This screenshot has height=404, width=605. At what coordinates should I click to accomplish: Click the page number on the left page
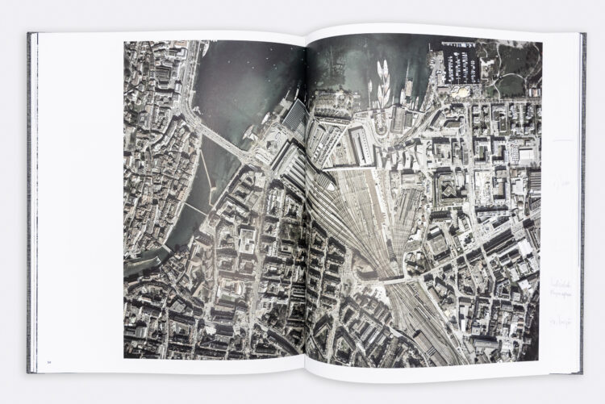(x=48, y=363)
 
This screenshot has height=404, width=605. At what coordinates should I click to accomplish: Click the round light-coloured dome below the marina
(x=461, y=92)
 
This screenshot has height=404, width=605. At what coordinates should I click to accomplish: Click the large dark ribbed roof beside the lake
(x=294, y=118)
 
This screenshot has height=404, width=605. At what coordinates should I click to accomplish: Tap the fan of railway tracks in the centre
(x=355, y=218)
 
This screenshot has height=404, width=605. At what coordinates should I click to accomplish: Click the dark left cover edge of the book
(x=31, y=202)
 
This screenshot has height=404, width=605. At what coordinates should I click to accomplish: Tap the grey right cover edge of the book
(x=582, y=202)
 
